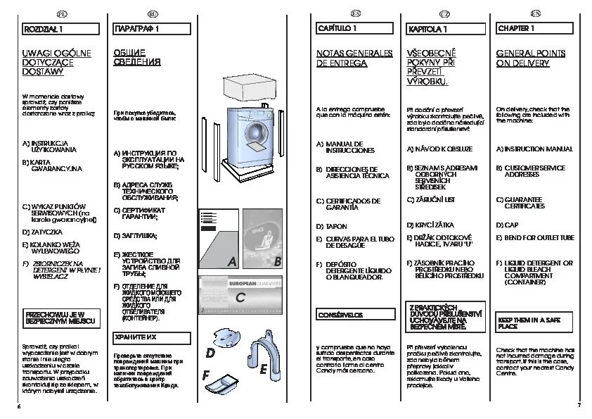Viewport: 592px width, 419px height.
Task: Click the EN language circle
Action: [x=536, y=13]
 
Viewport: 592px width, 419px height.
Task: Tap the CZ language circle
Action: [x=444, y=13]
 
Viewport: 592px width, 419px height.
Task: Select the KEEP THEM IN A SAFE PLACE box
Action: [x=532, y=323]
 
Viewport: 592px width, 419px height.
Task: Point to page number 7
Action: [x=579, y=405]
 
